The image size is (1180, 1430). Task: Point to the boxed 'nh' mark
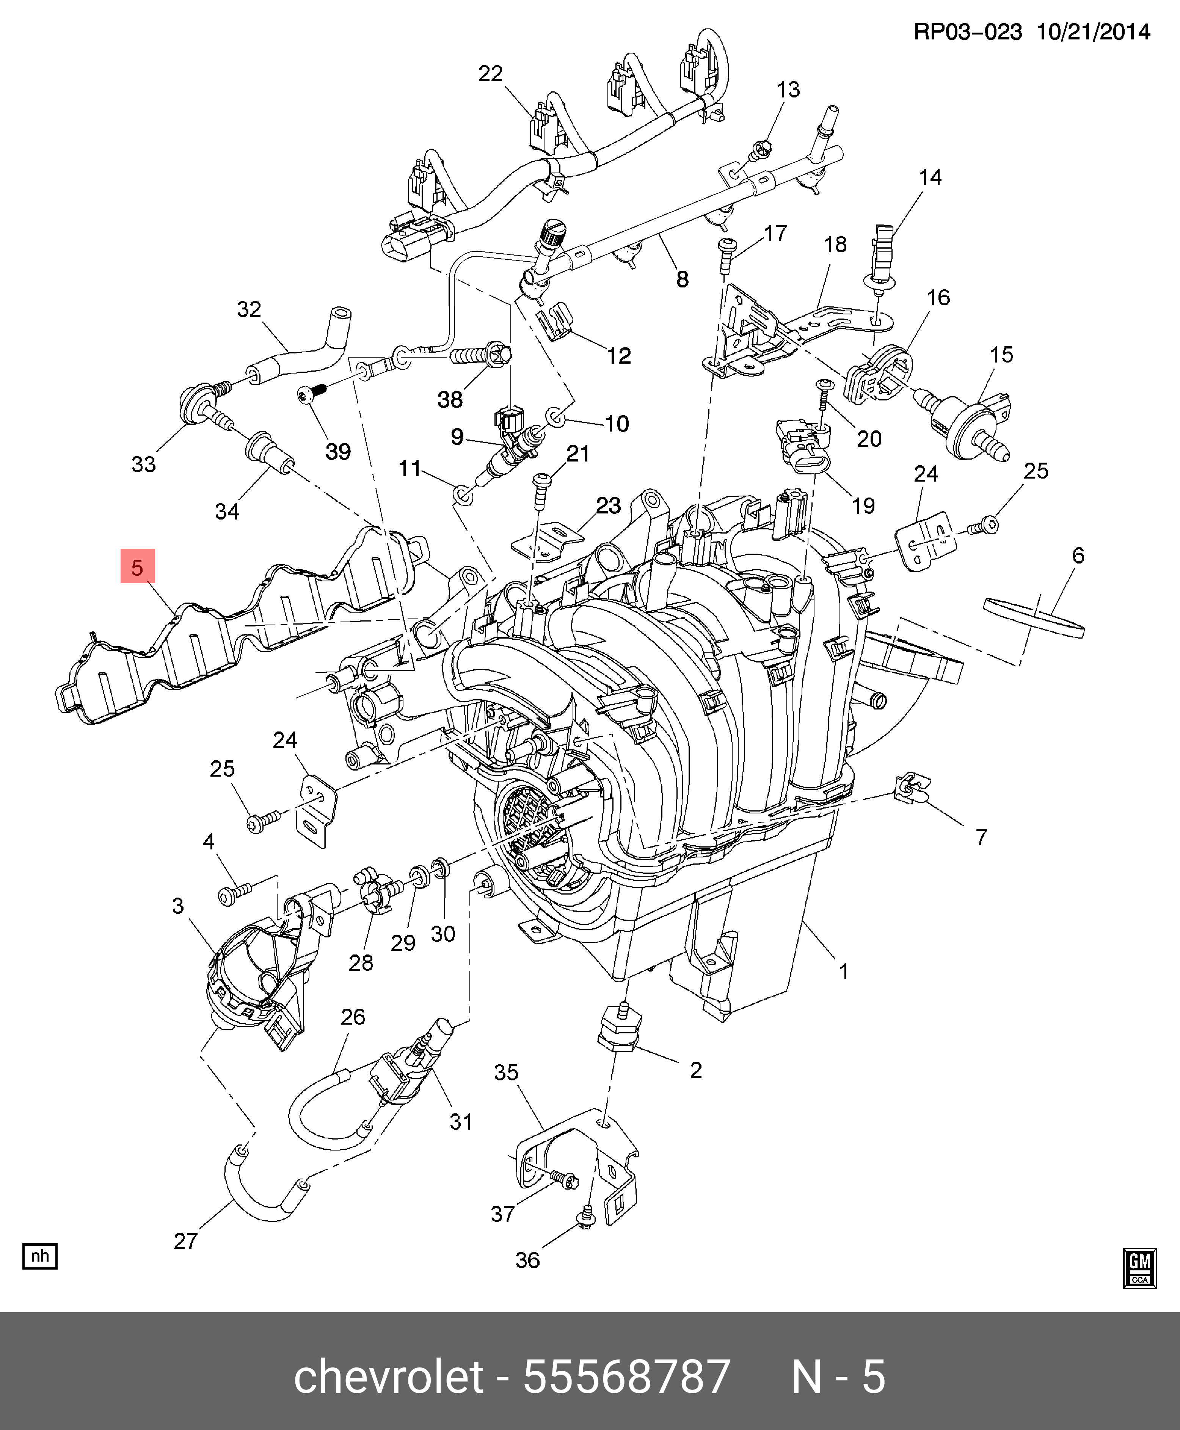(x=40, y=1255)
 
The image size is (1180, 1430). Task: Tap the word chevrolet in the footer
(x=388, y=1376)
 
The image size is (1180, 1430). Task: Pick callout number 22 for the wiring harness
(x=490, y=74)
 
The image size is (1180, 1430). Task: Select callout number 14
(x=930, y=177)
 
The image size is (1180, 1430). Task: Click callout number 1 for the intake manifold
(x=844, y=971)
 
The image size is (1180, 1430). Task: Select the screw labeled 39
(x=311, y=394)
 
